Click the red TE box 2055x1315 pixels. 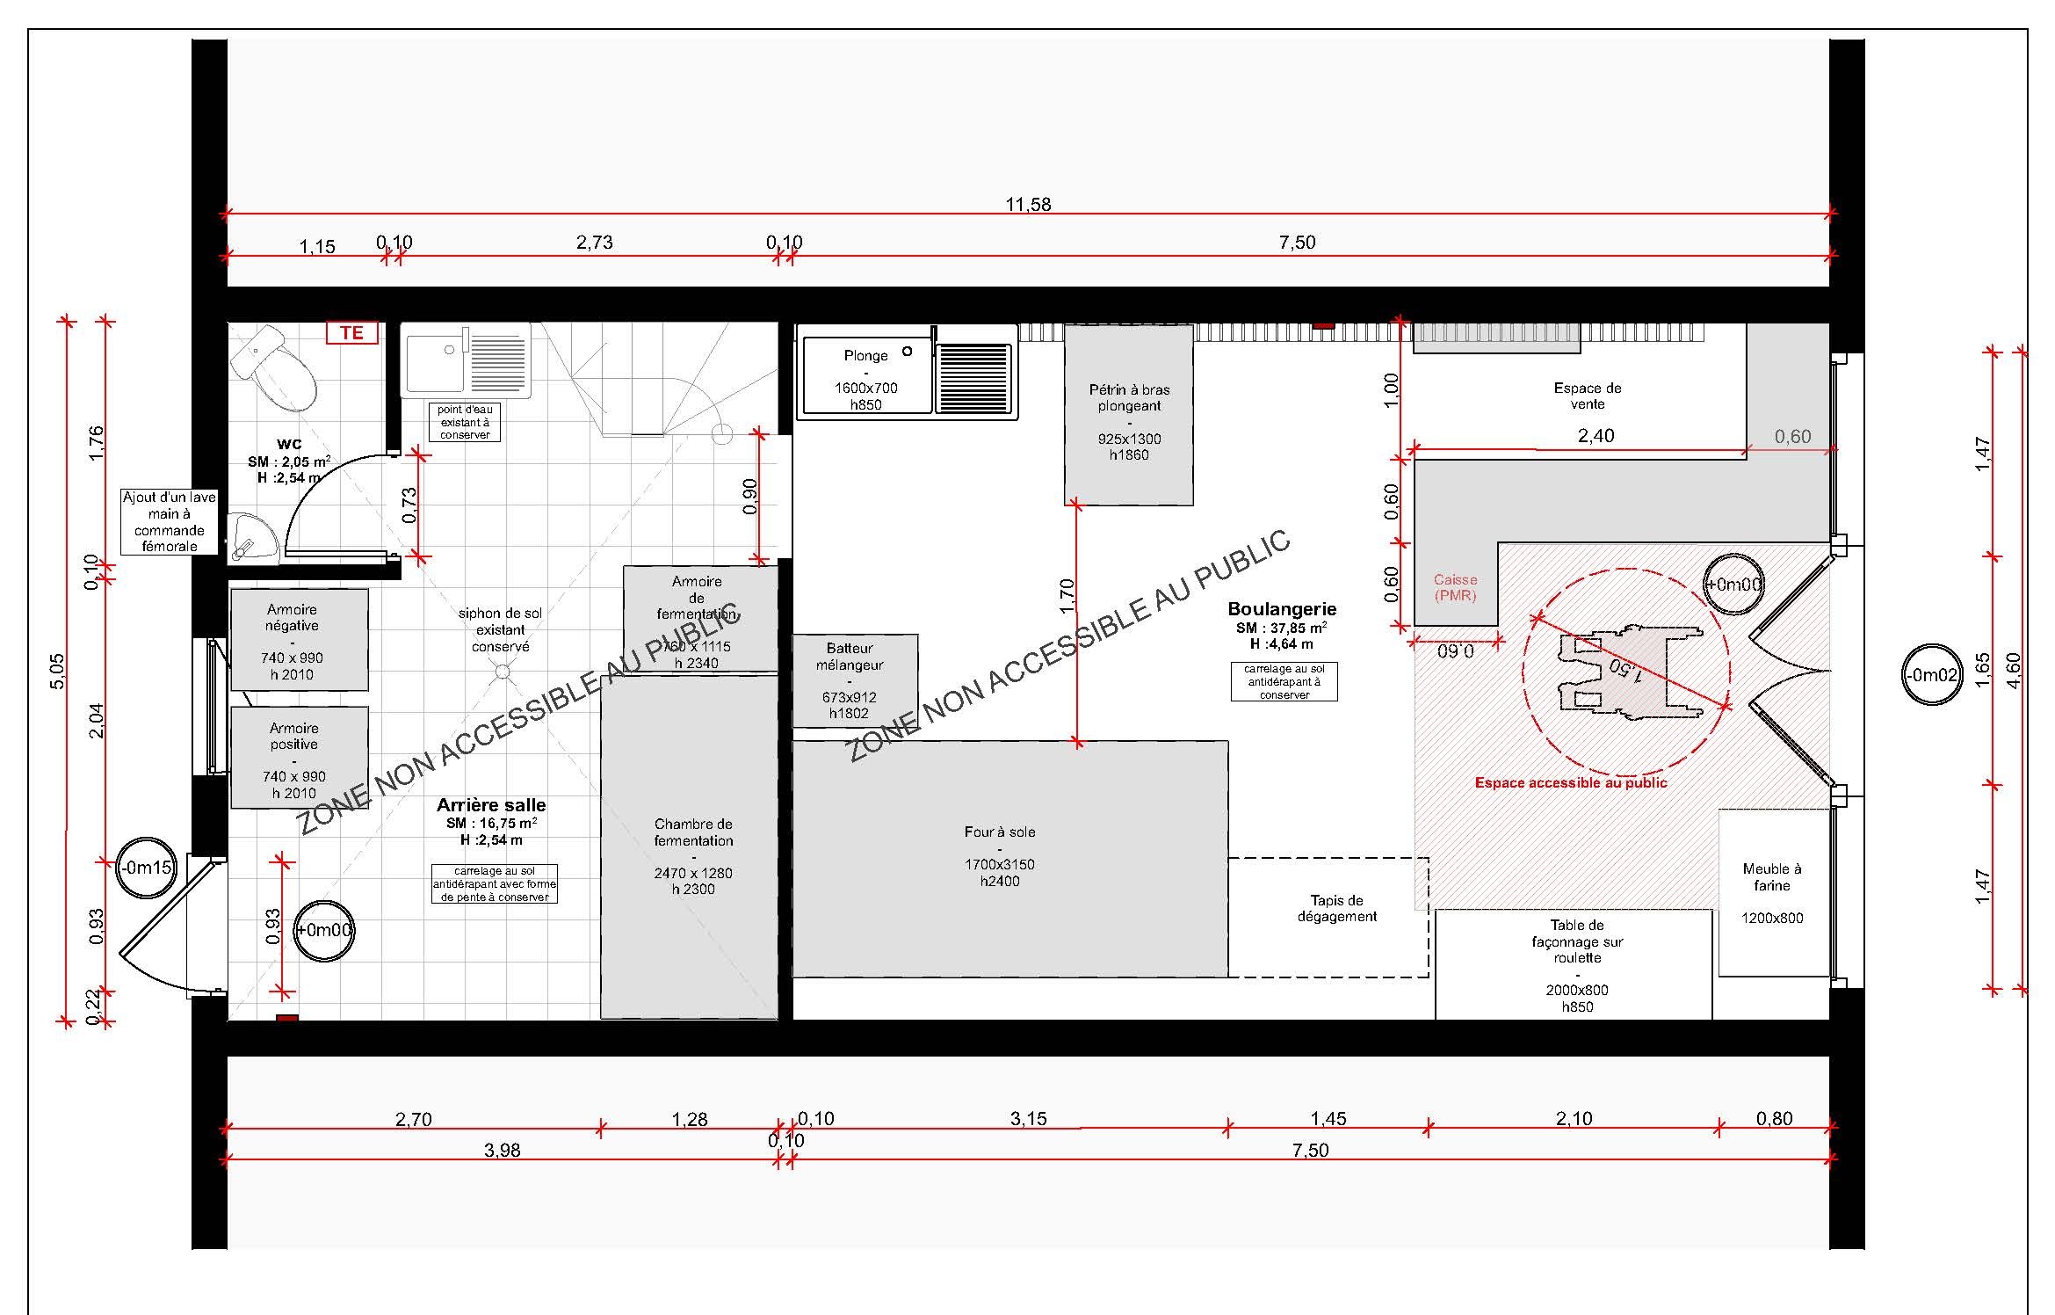tap(351, 332)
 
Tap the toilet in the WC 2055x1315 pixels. tap(275, 368)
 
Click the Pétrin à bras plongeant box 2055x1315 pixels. tap(1129, 415)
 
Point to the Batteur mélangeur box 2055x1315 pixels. tap(855, 681)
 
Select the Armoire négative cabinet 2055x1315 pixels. tap(299, 640)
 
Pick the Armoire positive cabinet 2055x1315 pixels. tap(299, 758)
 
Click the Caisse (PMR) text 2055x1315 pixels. tap(1455, 587)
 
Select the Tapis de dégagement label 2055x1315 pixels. tap(1337, 908)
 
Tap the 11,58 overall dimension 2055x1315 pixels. tap(1028, 205)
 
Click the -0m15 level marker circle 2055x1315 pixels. tap(147, 868)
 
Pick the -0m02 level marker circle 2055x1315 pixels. tap(1932, 675)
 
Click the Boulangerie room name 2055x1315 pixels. tap(1282, 608)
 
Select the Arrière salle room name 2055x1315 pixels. tap(491, 804)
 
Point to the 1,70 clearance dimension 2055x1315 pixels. tap(1067, 595)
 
